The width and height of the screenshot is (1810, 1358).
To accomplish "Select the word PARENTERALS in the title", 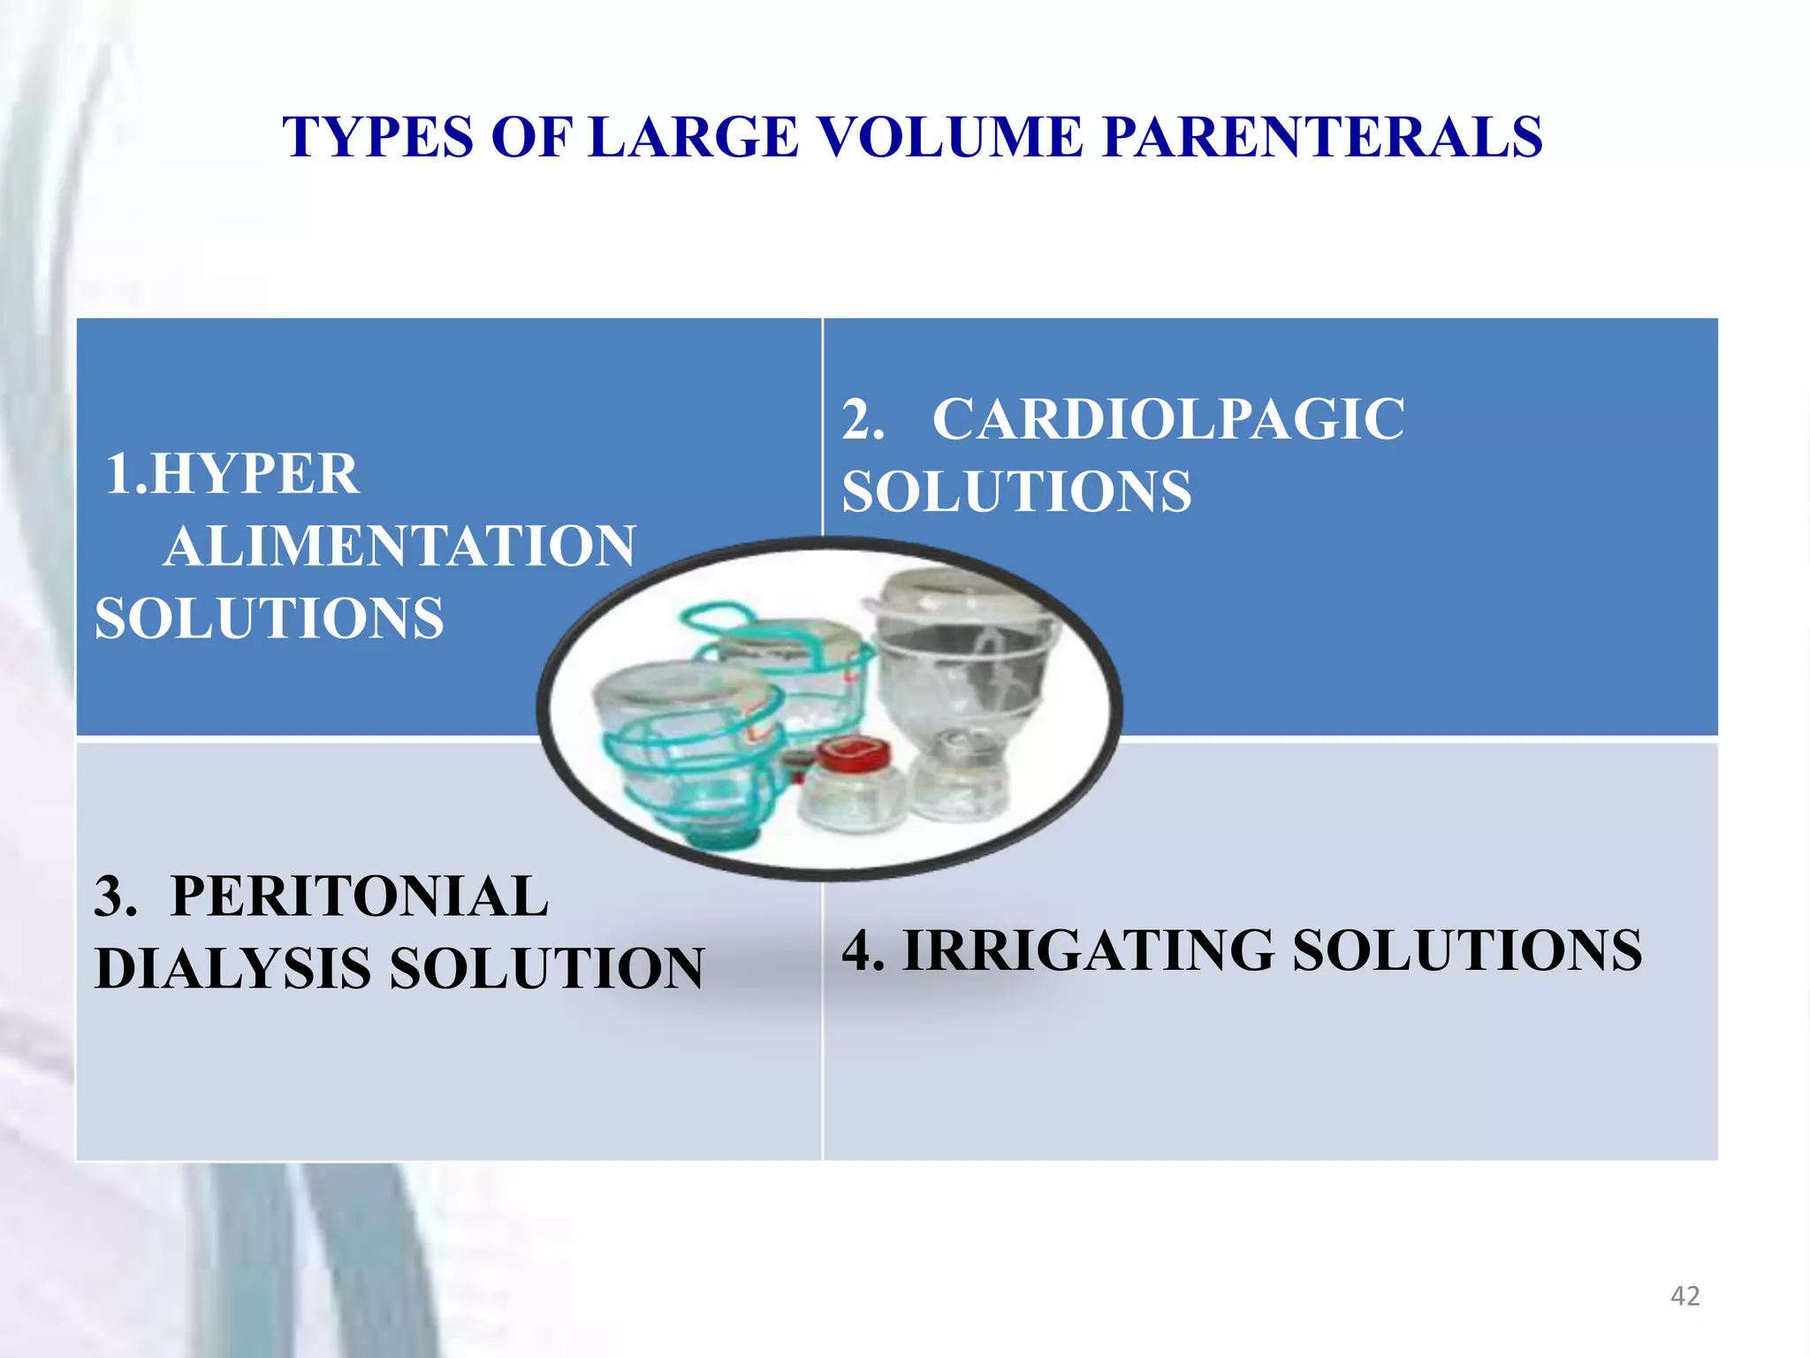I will [x=1322, y=138].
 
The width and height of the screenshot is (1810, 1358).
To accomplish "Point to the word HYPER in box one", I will [x=255, y=474].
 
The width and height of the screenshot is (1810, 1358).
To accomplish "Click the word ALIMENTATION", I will [x=399, y=546].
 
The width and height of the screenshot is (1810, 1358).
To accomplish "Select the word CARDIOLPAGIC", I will [x=1167, y=419].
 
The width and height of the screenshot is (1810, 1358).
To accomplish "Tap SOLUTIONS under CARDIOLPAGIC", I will [x=1016, y=492].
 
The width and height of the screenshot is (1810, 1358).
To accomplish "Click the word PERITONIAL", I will [x=359, y=896].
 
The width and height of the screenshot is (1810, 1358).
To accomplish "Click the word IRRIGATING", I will [x=1088, y=951].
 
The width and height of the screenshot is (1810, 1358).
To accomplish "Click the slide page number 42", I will [x=1685, y=1296].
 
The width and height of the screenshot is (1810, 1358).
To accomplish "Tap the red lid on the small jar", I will [x=852, y=753].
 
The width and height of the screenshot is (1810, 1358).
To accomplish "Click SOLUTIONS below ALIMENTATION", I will [x=269, y=618].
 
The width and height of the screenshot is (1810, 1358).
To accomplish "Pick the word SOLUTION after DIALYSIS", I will [x=546, y=969].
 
